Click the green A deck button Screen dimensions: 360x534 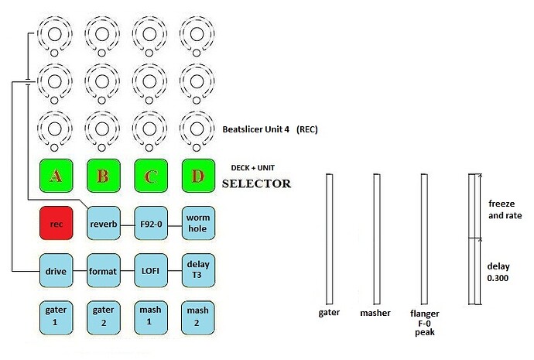55,177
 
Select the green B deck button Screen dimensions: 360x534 103,177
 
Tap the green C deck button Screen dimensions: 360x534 150,177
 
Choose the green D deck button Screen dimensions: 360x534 197,177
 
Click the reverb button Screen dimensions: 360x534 103,224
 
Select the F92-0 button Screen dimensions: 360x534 150,224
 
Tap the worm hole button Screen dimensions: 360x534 197,224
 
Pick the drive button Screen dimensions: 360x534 55,271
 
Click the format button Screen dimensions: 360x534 103,271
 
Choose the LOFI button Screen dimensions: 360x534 150,271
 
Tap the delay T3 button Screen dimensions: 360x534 197,271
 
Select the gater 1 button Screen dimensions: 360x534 55,316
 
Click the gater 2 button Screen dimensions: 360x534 103,316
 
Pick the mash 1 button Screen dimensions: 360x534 150,316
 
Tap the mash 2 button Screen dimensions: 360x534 197,316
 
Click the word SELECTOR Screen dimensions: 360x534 256,184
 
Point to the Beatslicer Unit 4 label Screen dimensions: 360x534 269,130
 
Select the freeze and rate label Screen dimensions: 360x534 502,210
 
